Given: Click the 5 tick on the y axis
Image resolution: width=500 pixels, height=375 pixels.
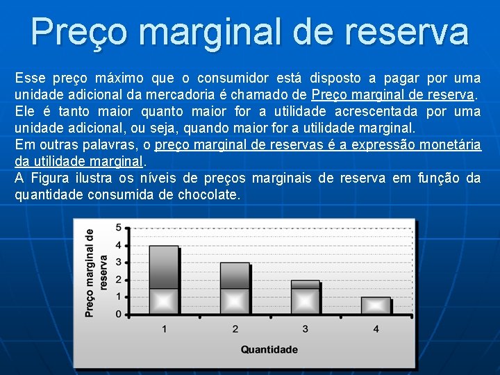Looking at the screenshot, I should tap(118, 228).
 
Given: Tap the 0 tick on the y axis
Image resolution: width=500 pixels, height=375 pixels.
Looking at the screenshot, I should tap(118, 315).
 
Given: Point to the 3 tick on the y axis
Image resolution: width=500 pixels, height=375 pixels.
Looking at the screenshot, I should tap(118, 262).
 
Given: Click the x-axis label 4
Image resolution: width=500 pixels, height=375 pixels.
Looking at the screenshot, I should tap(376, 328).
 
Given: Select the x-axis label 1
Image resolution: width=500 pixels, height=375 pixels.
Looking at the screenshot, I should tap(164, 328).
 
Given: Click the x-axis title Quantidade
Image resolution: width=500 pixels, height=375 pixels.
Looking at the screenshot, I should tap(269, 349).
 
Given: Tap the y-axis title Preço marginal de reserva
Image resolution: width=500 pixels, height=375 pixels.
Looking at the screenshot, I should tap(96, 273).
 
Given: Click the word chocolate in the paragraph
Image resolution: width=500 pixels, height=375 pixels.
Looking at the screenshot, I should tap(208, 195).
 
